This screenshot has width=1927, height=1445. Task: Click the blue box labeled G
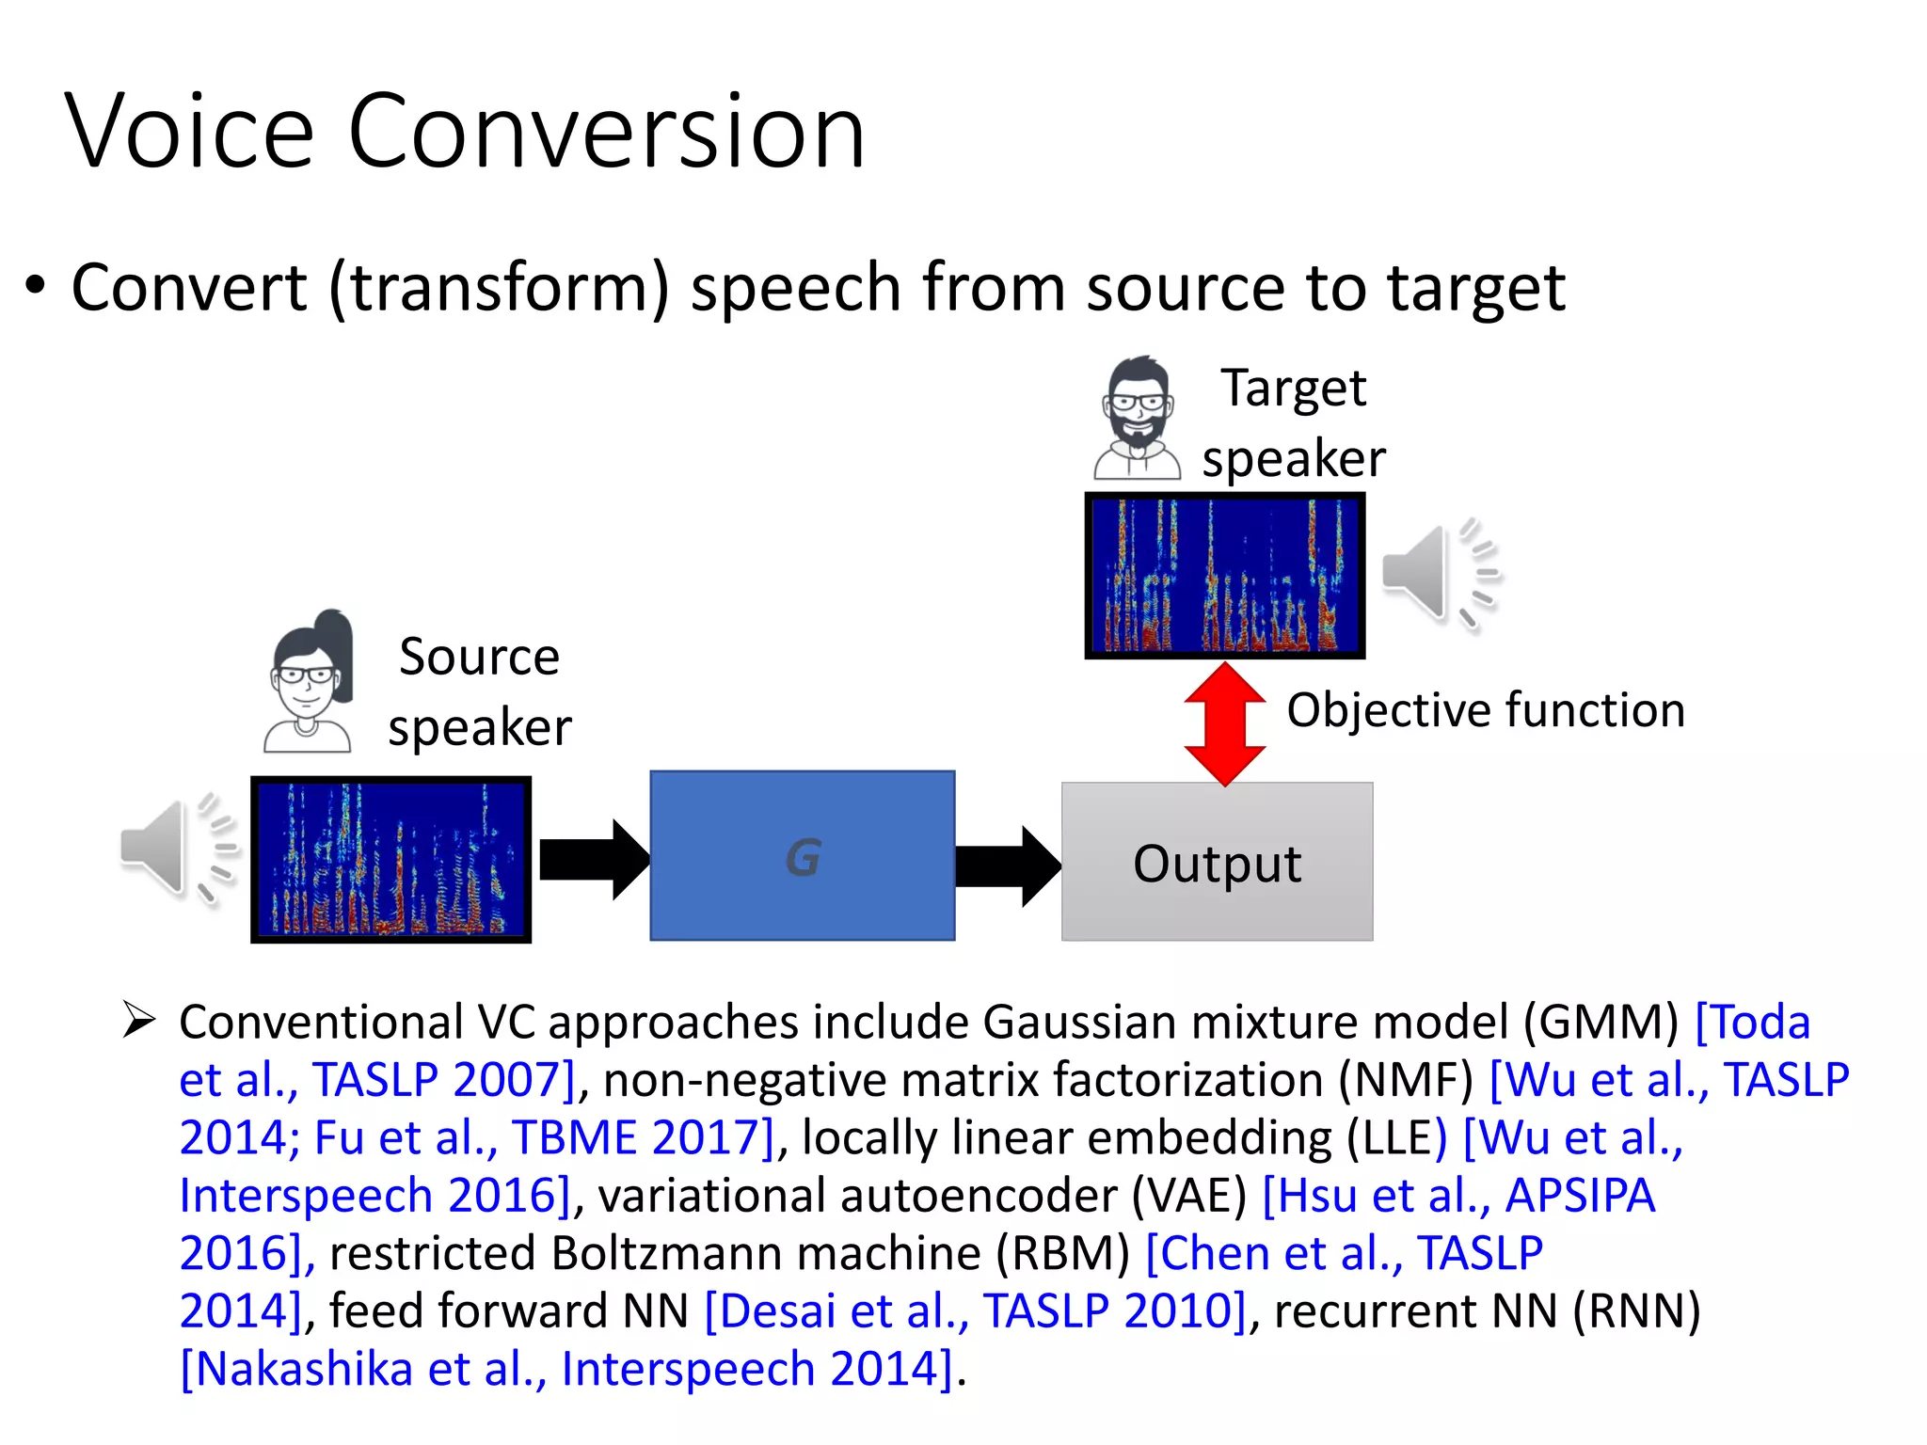click(802, 856)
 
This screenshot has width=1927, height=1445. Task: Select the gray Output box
click(1217, 862)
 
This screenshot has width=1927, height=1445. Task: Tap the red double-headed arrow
click(1224, 724)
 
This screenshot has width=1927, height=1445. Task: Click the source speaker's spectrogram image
click(390, 860)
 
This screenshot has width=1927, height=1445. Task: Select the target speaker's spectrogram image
click(1224, 576)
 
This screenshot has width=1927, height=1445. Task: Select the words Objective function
click(1485, 710)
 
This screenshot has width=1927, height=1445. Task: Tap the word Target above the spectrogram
click(1293, 389)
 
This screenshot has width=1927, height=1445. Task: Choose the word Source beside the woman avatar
click(479, 657)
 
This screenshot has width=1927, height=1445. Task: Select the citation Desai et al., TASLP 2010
click(975, 1311)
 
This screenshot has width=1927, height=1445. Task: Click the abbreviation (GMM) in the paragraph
click(1601, 1023)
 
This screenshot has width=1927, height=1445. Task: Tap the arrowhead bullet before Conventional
click(139, 1021)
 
